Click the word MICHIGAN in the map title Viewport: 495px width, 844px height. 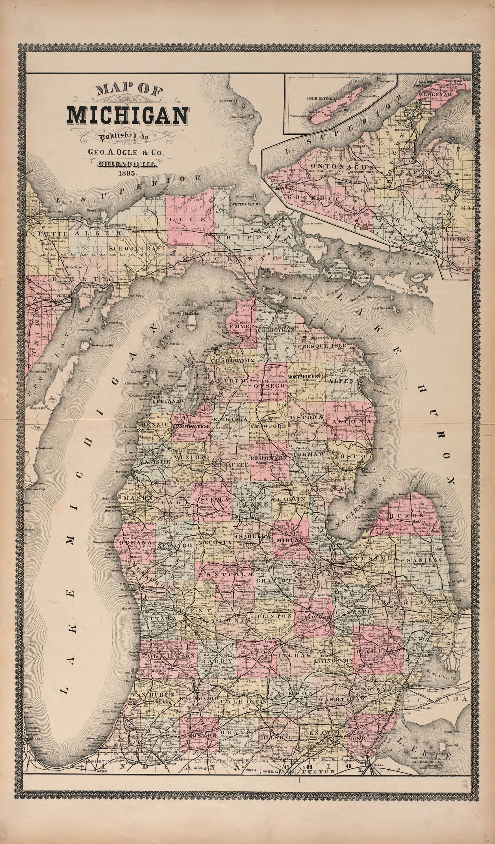[x=127, y=115]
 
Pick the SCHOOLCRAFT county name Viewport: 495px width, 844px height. [x=137, y=248]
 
